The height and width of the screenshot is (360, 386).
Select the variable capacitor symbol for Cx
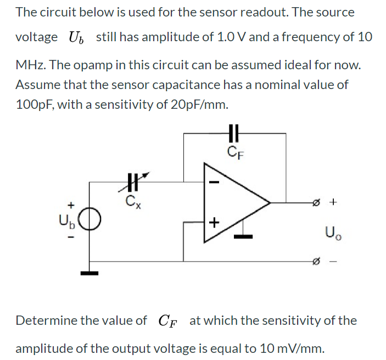click(x=131, y=181)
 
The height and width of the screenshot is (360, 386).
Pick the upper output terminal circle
click(x=316, y=203)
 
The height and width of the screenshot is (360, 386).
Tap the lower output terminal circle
click(x=316, y=262)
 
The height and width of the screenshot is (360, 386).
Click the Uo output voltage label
click(x=338, y=232)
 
